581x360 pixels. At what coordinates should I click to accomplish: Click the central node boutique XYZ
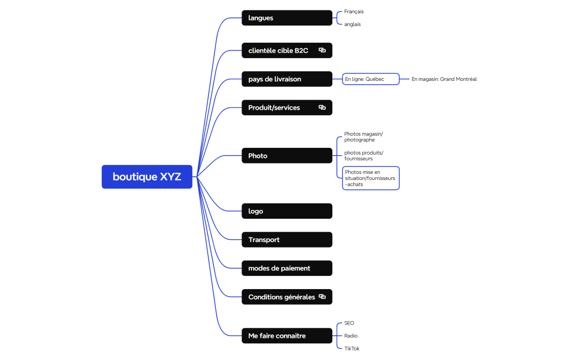147,177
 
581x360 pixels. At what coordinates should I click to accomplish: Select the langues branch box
286,18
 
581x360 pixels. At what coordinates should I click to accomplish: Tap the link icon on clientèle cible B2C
322,50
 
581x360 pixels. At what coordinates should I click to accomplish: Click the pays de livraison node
286,79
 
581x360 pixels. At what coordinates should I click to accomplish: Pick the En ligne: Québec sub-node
371,79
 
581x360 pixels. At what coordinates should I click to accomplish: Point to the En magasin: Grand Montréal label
444,79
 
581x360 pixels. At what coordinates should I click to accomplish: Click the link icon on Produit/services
322,107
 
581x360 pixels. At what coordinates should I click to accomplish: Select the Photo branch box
286,156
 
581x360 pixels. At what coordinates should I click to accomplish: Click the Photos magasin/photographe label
363,137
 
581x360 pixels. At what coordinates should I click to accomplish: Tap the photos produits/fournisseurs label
363,156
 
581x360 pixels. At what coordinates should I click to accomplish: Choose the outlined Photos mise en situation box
371,178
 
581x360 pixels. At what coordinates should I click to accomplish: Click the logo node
286,211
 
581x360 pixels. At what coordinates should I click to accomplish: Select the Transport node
286,240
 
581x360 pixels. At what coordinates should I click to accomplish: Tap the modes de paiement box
286,268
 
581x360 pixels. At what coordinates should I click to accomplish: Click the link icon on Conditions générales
322,297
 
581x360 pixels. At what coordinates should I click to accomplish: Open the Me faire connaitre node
286,336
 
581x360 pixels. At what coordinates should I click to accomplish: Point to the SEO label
349,323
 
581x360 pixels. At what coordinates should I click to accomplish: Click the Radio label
351,336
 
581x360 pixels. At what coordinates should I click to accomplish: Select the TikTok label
352,348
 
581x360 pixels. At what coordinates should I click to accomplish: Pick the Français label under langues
353,11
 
